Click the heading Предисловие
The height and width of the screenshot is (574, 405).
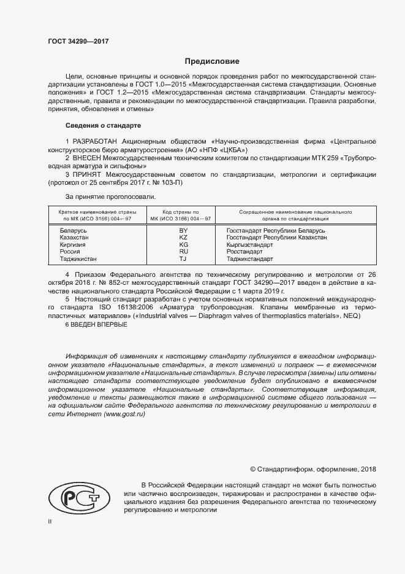[x=212, y=62]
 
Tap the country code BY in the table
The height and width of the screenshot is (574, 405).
[x=183, y=230]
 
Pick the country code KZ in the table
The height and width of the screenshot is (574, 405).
[x=183, y=238]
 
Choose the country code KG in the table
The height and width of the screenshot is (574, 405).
[x=183, y=244]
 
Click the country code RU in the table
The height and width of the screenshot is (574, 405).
[x=183, y=252]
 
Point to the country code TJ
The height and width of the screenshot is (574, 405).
[x=183, y=259]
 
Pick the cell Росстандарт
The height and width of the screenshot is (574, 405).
[x=261, y=252]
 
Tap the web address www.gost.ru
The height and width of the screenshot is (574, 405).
[x=124, y=415]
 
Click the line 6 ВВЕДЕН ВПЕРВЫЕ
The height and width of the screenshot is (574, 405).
[x=96, y=325]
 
